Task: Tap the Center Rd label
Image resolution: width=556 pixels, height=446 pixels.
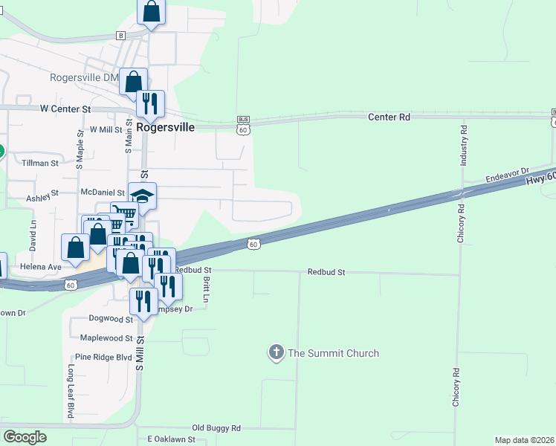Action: click(x=389, y=117)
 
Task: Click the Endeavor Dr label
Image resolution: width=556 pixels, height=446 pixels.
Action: click(x=506, y=175)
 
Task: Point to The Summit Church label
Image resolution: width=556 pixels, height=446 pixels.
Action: click(x=333, y=353)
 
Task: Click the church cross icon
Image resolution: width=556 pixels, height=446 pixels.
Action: click(x=277, y=352)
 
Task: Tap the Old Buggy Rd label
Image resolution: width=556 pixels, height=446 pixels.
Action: click(x=216, y=428)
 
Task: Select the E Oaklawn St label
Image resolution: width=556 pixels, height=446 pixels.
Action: click(x=171, y=439)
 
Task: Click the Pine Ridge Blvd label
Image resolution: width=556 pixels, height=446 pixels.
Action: click(x=103, y=357)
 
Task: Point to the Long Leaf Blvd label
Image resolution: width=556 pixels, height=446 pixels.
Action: click(x=71, y=391)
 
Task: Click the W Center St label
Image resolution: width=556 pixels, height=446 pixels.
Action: click(x=65, y=109)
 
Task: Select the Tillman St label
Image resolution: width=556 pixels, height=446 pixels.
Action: click(x=40, y=163)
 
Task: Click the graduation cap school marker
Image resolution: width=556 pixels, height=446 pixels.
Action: click(x=143, y=197)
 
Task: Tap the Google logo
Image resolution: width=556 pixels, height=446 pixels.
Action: click(x=25, y=437)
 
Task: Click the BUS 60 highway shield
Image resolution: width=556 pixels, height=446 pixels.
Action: click(x=243, y=125)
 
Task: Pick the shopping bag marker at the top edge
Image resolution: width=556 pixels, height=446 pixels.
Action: click(x=151, y=12)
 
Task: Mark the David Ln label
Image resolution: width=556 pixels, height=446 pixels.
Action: click(x=33, y=233)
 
